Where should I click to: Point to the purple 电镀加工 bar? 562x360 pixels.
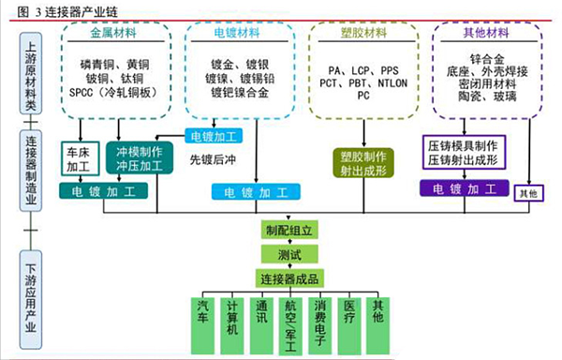tap(465, 189)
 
